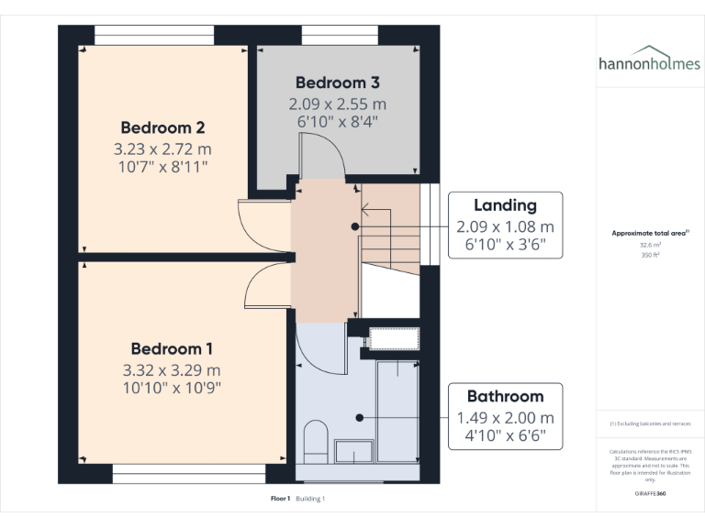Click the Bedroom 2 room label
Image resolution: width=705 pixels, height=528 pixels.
point(162,127)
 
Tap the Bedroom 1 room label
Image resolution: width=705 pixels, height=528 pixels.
point(172,349)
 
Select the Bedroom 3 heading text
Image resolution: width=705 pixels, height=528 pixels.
point(336,81)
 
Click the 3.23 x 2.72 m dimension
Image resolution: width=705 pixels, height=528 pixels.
point(162,148)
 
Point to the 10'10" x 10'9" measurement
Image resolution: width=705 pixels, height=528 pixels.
point(172,388)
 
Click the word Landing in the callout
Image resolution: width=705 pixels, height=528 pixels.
point(505,205)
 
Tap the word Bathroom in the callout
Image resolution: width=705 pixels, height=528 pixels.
point(505,397)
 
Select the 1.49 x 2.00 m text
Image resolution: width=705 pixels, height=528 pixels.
point(505,418)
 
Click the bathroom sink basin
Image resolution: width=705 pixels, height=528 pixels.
point(353,452)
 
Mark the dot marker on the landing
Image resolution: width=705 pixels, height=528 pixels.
point(355,226)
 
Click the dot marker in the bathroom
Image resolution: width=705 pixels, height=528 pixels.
point(360,417)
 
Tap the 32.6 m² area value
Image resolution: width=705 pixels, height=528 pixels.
point(650,245)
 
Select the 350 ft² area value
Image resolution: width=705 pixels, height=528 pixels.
point(650,255)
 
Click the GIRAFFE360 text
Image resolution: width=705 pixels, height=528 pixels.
point(650,493)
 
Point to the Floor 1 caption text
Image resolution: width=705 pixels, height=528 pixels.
point(280,499)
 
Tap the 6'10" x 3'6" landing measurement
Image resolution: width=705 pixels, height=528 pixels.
point(505,246)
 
